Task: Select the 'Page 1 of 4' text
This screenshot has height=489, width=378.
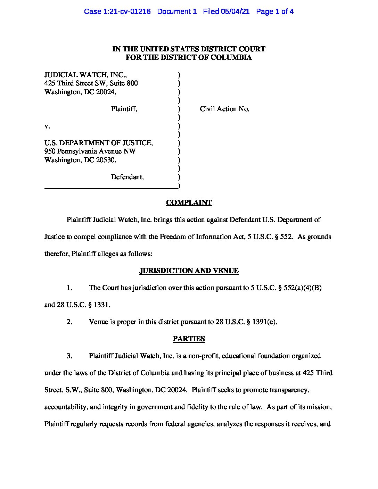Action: coord(275,11)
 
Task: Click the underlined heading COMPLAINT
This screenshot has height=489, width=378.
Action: coord(189,202)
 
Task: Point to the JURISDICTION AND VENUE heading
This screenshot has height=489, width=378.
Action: coord(189,271)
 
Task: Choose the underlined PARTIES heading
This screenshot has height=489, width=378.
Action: coord(189,339)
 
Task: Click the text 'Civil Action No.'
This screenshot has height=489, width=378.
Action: coord(224,109)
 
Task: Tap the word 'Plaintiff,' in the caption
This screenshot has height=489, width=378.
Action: coord(124,109)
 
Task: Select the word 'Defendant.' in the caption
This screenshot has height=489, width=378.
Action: coord(127,177)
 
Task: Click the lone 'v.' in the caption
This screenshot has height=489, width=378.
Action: coord(47,126)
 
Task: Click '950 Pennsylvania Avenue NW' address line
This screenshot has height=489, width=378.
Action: coord(90,151)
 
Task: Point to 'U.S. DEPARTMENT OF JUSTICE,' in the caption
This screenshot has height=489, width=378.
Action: coord(99,143)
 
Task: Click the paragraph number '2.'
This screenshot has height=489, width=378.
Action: coord(69,322)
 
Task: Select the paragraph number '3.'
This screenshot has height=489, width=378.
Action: coord(69,356)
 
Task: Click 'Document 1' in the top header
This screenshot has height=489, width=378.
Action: coord(177,11)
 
